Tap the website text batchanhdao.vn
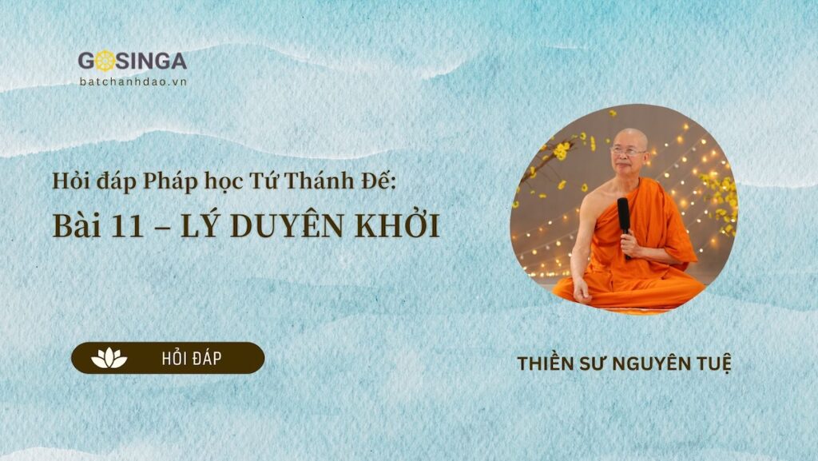133,81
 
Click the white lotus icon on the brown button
109,358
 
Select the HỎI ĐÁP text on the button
191,359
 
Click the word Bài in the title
77,226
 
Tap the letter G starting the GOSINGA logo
86,61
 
